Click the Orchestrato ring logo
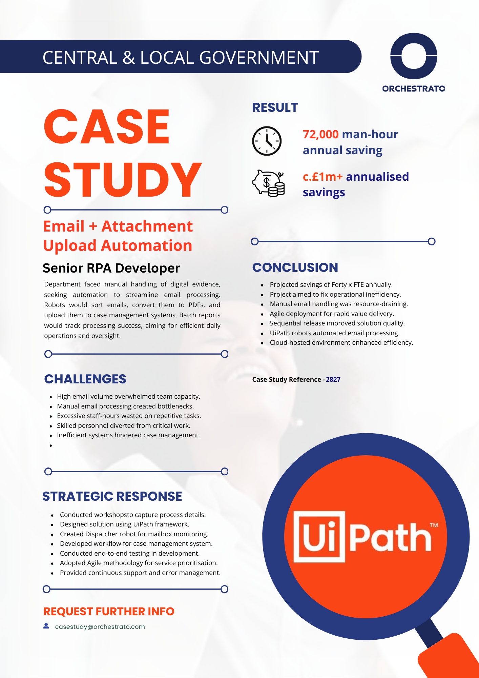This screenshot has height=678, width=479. tap(414, 56)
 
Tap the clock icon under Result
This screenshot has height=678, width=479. tap(267, 141)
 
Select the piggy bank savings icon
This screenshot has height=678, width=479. tap(268, 183)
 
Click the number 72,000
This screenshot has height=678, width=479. tap(320, 135)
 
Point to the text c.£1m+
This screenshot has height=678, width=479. tap(322, 177)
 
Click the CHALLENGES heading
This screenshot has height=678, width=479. tap(85, 379)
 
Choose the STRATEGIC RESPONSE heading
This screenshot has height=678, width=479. tap(112, 496)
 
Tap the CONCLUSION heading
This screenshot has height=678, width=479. tap(295, 267)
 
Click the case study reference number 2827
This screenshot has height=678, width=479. tap(333, 380)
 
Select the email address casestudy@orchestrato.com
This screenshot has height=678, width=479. tap(100, 627)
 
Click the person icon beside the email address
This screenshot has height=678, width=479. tap(46, 626)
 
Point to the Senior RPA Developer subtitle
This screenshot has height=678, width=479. tap(111, 268)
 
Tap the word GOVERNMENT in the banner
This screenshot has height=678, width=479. tap(259, 57)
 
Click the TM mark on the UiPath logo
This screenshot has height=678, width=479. tap(434, 525)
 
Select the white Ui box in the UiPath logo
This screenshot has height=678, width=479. tap(319, 537)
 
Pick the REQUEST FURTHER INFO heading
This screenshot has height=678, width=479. tap(109, 612)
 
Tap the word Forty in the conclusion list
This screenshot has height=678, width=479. tap(339, 285)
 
